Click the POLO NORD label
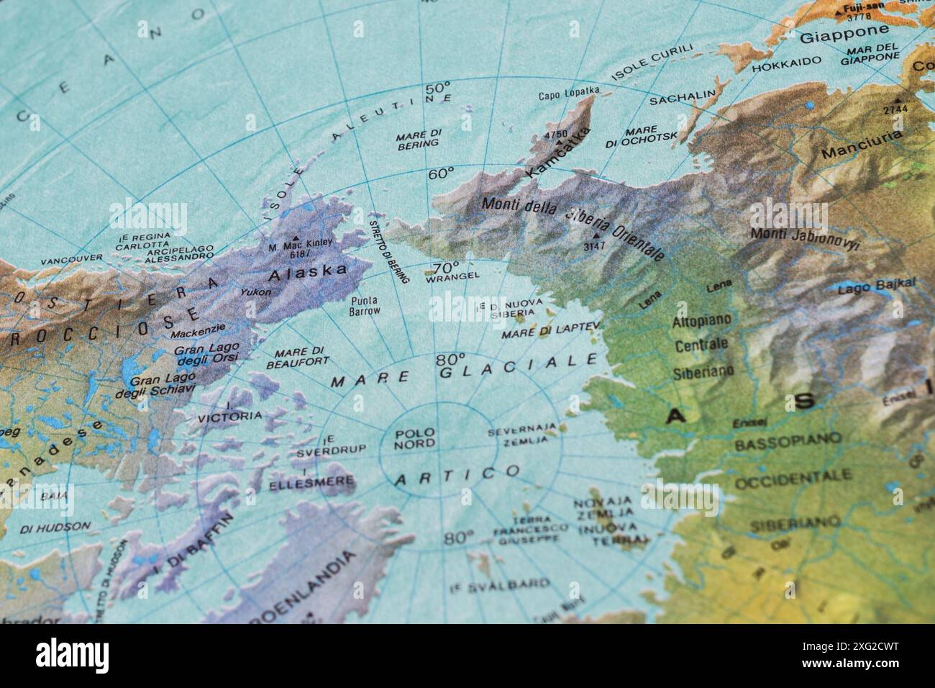[x=414, y=438]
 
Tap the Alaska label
[x=307, y=272]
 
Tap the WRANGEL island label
[x=452, y=276]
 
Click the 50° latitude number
[x=437, y=88]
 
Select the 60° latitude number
[x=441, y=173]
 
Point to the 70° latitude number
[x=445, y=265]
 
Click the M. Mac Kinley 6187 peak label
[x=301, y=248]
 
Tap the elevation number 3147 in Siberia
[x=595, y=246]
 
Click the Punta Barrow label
[x=365, y=307]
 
